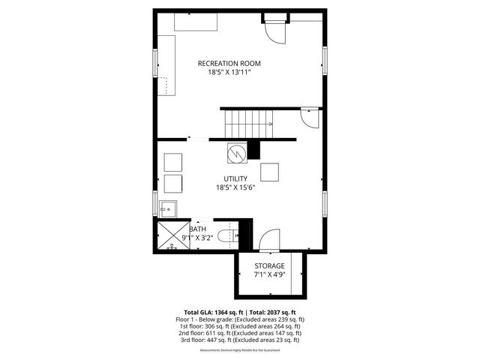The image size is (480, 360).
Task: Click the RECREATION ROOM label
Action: click(229, 63)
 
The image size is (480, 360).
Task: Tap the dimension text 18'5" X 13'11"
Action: click(229, 73)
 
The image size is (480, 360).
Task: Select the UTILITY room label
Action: click(235, 178)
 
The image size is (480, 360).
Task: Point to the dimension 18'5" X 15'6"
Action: click(235, 188)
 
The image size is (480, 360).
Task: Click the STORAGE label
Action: click(268, 266)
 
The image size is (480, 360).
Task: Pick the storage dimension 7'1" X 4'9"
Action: click(268, 275)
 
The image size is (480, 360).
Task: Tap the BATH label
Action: click(199, 229)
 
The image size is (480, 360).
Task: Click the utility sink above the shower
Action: click(167, 208)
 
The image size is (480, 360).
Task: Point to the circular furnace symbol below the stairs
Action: click(236, 152)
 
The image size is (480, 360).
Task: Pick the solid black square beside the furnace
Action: click(253, 150)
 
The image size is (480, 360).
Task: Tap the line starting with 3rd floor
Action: click(240, 340)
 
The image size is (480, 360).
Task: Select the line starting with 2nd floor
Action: click(240, 333)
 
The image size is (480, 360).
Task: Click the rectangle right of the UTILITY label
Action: click(270, 172)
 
